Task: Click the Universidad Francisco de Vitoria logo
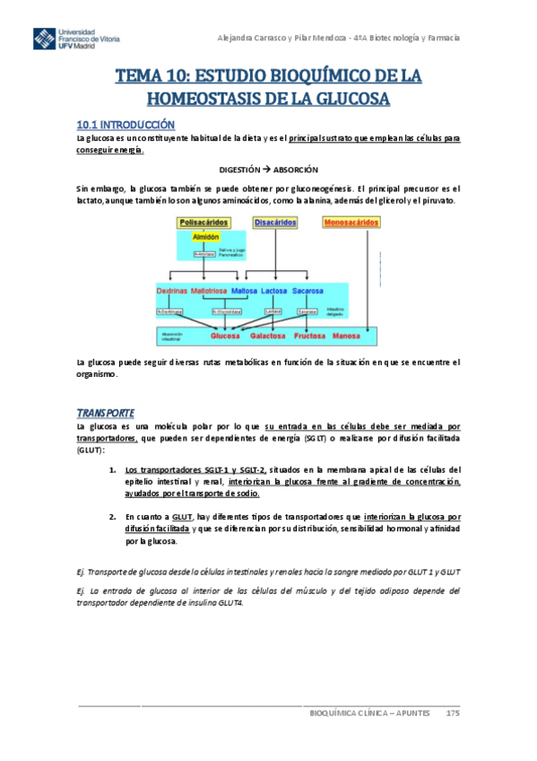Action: tap(76, 40)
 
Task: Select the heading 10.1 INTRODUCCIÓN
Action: tap(125, 124)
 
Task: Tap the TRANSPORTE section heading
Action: tap(105, 411)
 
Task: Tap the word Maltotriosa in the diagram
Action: tap(209, 292)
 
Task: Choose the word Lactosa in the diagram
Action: tap(273, 292)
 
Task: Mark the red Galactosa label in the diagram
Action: tap(268, 337)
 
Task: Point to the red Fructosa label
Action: tap(308, 337)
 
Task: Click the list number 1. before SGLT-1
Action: tap(112, 469)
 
